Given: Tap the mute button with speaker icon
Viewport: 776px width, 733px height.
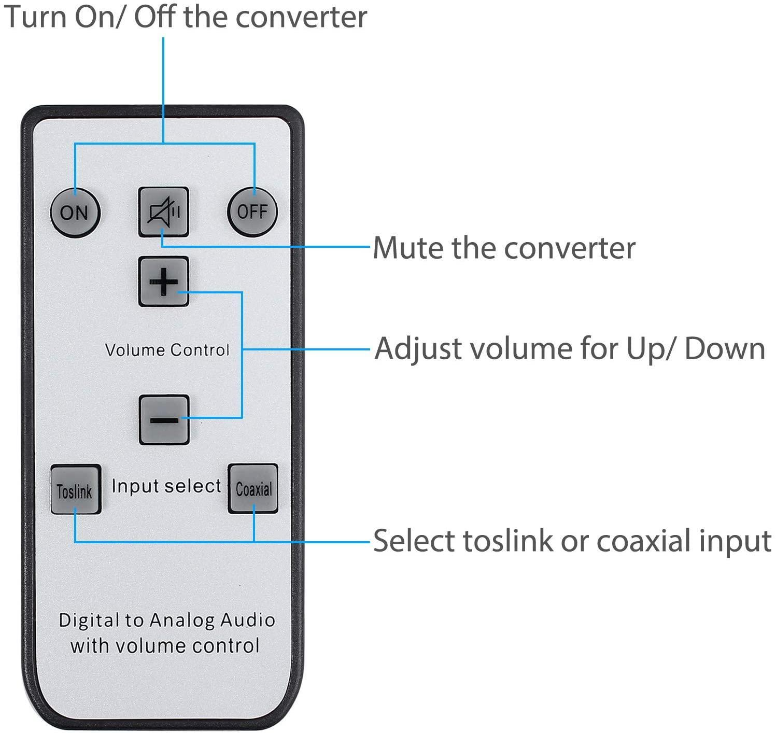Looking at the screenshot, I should pyautogui.click(x=163, y=212).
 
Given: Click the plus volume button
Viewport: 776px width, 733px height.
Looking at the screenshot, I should pyautogui.click(x=163, y=281).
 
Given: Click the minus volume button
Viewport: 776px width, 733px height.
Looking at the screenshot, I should pyautogui.click(x=164, y=419).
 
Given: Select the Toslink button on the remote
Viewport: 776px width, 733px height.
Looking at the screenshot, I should pyautogui.click(x=75, y=489).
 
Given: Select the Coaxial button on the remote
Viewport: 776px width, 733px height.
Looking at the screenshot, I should pyautogui.click(x=253, y=488).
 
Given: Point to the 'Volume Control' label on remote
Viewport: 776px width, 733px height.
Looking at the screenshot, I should pyautogui.click(x=166, y=350).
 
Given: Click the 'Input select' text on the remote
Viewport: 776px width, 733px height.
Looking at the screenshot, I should pyautogui.click(x=166, y=486).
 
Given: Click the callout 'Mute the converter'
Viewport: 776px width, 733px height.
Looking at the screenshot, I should pyautogui.click(x=504, y=248).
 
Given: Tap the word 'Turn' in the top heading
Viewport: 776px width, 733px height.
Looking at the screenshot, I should pyautogui.click(x=36, y=17).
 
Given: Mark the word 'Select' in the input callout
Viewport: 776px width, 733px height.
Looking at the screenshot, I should pyautogui.click(x=414, y=541).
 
